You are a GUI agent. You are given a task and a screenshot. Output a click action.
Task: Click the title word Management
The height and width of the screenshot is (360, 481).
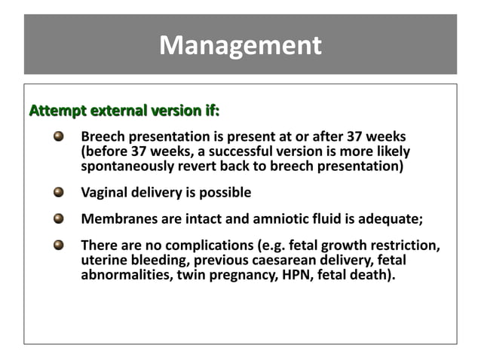tap(240, 46)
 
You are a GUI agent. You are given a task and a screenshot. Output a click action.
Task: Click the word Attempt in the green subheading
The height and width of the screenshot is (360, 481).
tap(57, 112)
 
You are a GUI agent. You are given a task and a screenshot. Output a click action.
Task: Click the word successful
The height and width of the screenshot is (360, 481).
tap(233, 151)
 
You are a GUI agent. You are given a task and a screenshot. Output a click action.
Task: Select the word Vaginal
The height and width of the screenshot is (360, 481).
tap(104, 193)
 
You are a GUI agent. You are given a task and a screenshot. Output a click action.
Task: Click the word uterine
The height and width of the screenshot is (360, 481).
tap(103, 260)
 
